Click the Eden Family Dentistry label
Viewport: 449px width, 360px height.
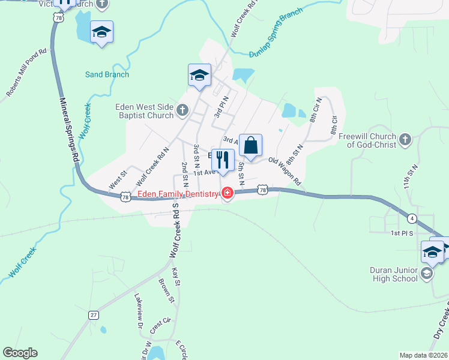coord(178,194)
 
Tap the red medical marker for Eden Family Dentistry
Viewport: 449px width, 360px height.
coord(228,193)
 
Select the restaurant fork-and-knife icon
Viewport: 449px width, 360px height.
coord(223,160)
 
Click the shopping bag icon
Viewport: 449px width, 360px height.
coord(251,145)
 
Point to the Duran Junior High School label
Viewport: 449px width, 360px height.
coord(394,274)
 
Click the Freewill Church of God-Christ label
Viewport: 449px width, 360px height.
coord(367,140)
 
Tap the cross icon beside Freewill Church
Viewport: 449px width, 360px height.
coord(405,140)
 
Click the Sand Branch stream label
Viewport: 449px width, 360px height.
coord(107,74)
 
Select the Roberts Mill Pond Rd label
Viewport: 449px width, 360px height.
coord(26,73)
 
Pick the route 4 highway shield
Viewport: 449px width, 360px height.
coord(412,217)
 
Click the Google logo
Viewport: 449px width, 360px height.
coord(20,353)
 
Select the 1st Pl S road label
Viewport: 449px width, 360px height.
coord(403,233)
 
